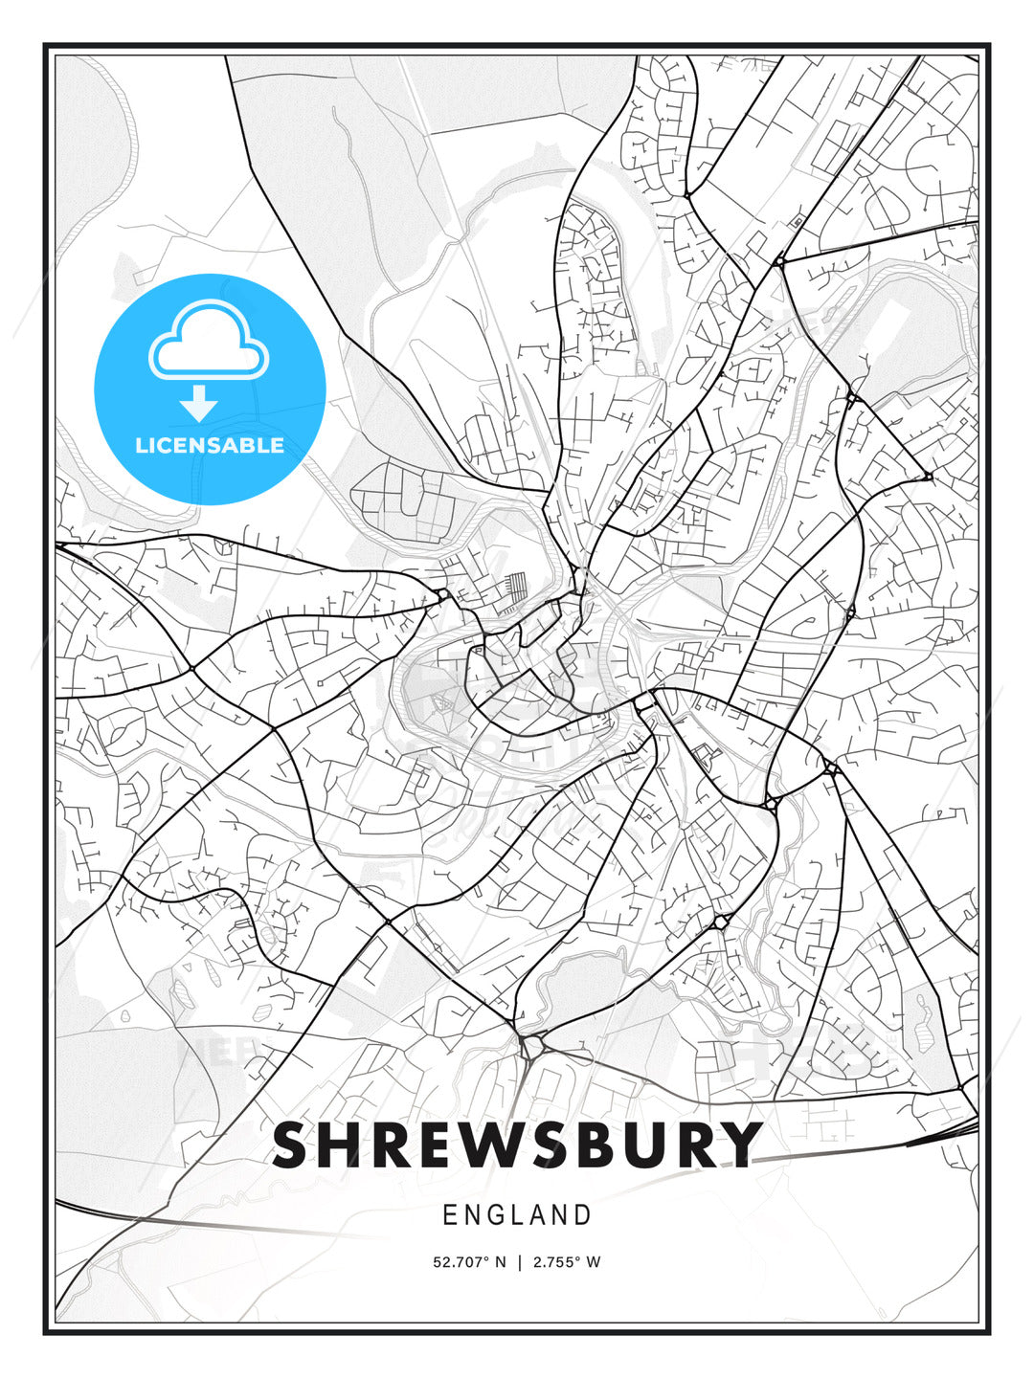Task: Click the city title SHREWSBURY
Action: (x=517, y=1145)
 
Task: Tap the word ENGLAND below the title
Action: (x=517, y=1215)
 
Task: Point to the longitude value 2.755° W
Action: (x=566, y=1262)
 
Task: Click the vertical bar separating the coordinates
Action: (x=519, y=1262)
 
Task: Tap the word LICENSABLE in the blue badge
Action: (x=210, y=445)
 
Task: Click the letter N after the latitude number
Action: (x=499, y=1262)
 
